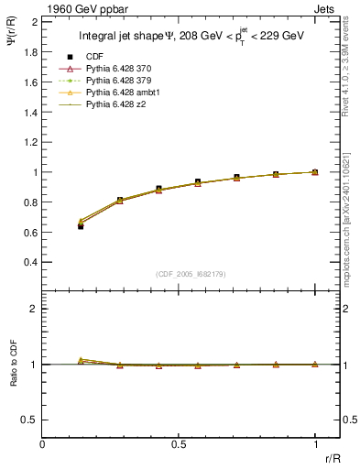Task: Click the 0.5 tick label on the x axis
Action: tap(179, 444)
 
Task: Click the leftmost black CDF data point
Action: tap(81, 225)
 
